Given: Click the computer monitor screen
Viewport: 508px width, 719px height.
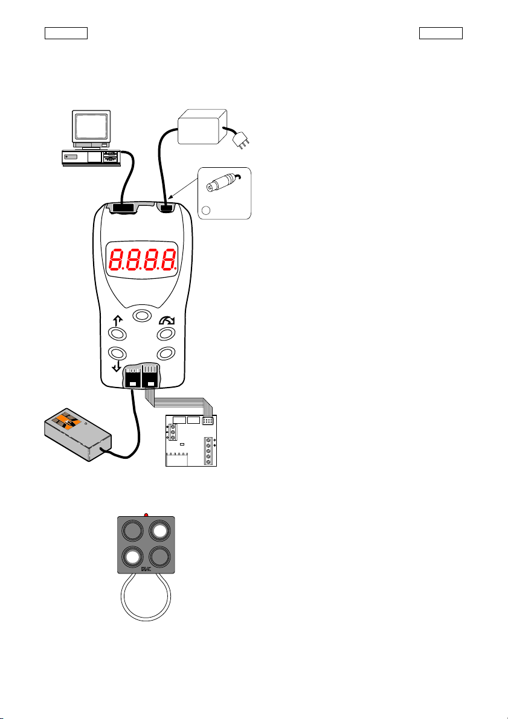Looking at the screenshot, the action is [91, 126].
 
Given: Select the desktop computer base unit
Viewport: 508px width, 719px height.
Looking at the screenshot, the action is [91, 158].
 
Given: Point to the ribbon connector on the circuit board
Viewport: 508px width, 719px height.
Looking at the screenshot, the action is [207, 421].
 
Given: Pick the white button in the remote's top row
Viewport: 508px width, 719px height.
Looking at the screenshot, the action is [159, 531].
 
